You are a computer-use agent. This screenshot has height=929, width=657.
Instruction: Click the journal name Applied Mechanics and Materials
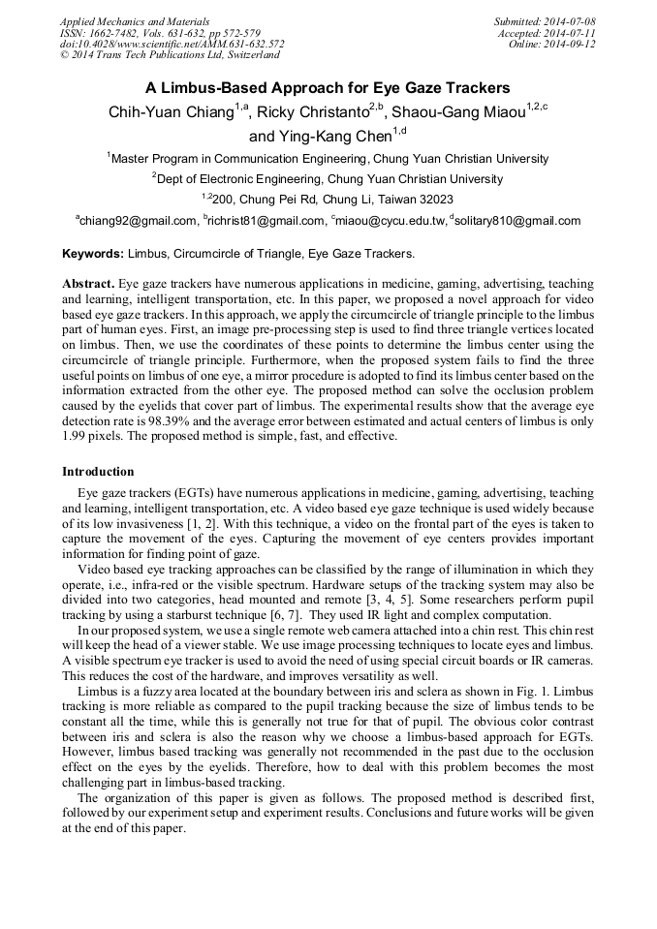tap(121, 20)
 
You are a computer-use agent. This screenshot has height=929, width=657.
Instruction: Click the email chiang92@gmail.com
tap(136, 222)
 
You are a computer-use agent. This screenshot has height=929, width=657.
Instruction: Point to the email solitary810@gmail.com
tap(517, 222)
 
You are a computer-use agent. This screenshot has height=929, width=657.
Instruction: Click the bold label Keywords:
tap(93, 254)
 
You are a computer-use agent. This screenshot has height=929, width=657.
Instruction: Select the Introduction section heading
tap(98, 472)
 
